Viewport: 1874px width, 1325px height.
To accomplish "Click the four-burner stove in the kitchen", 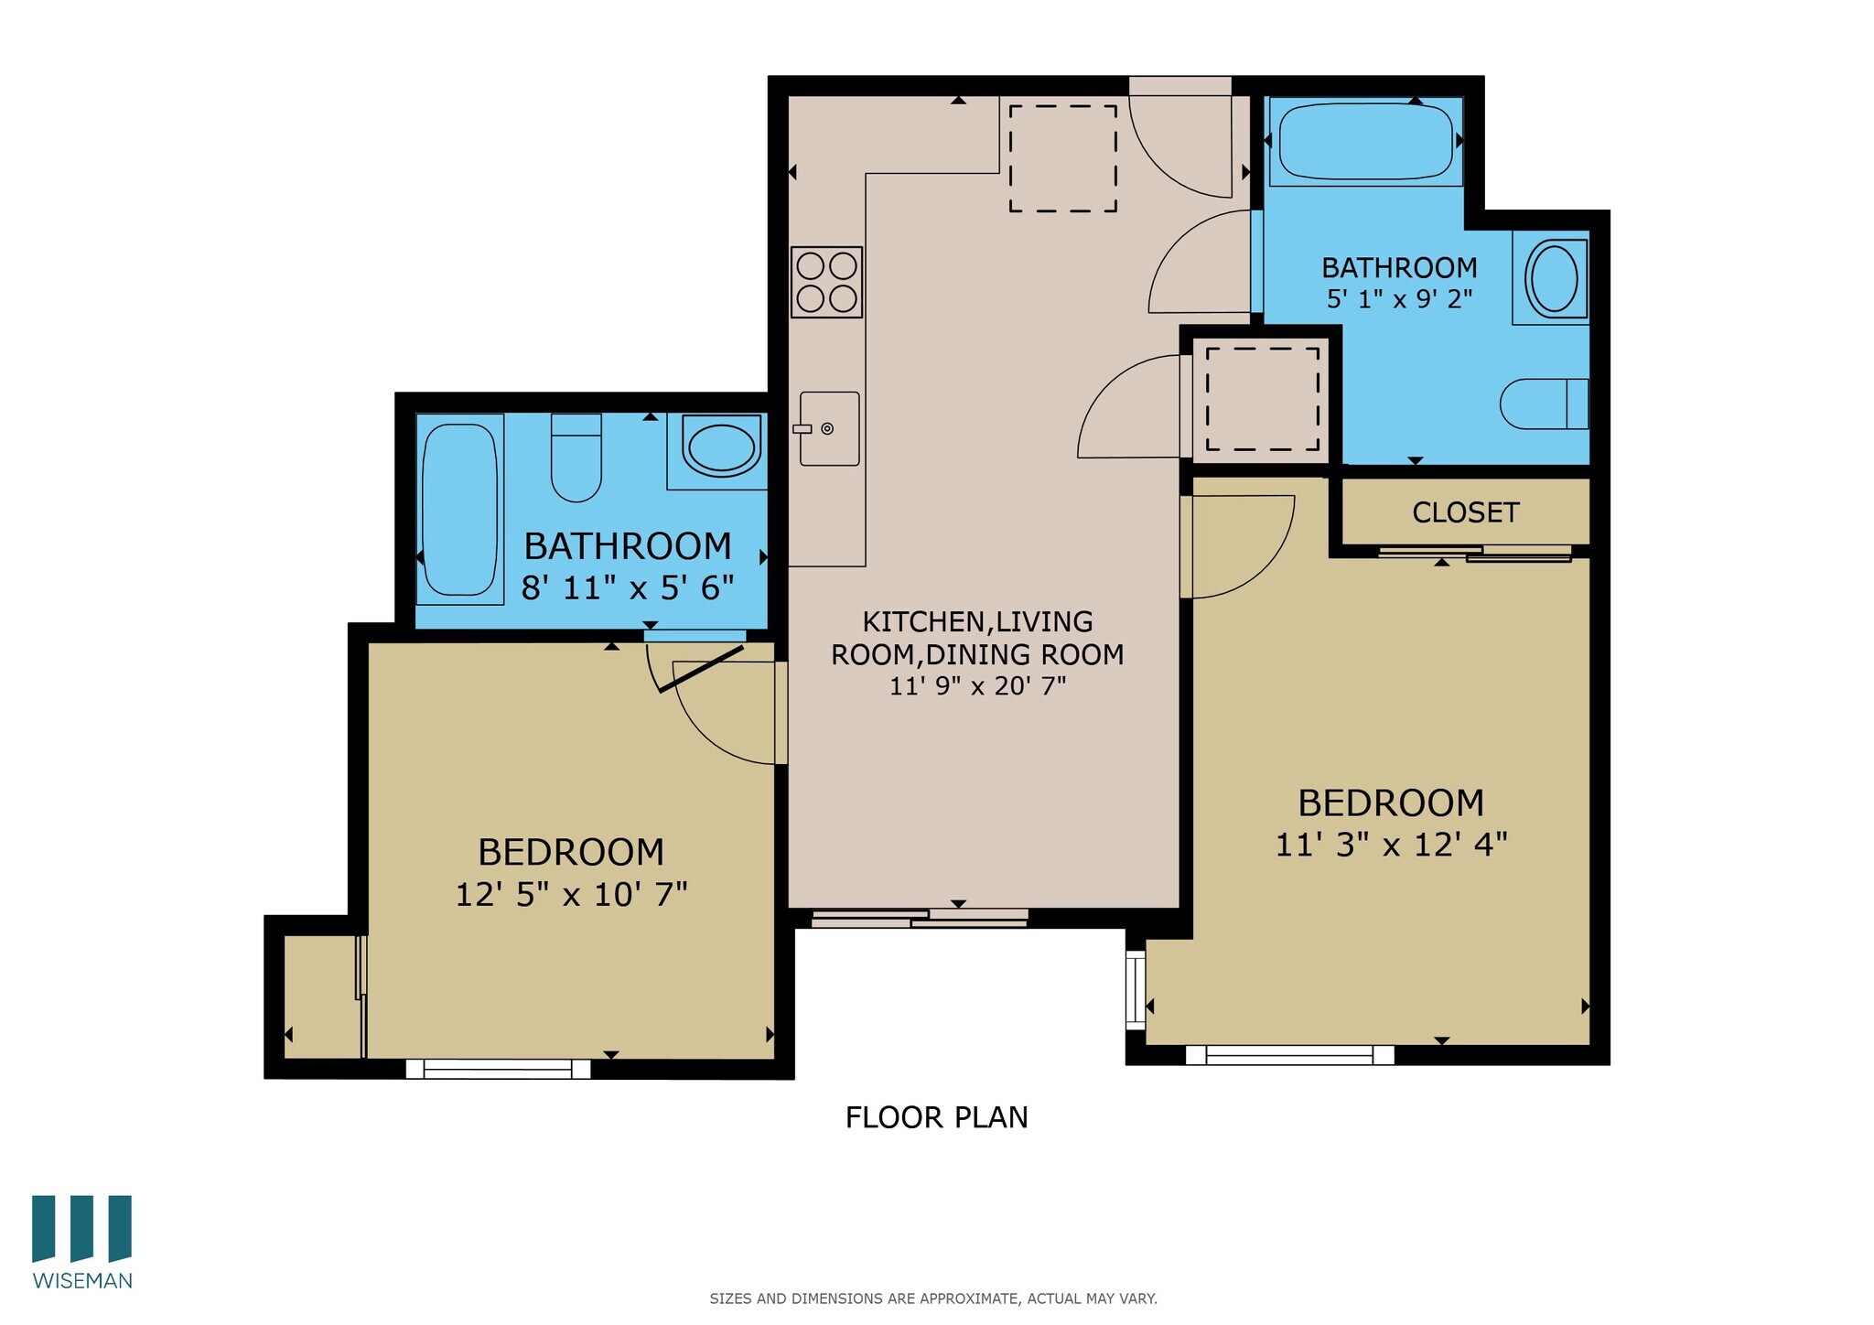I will click(x=826, y=282).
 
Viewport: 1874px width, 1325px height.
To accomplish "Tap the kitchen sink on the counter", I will click(x=829, y=428).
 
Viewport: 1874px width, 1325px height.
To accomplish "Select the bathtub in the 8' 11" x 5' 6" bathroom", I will click(x=460, y=510).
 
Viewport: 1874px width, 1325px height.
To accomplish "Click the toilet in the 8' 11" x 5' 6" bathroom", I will click(x=576, y=458).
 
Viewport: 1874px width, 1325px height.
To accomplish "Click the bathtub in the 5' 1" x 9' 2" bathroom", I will click(x=1365, y=142).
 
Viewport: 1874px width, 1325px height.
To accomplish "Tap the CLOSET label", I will click(x=1465, y=512).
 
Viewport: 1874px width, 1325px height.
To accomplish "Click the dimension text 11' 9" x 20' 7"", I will click(x=977, y=686).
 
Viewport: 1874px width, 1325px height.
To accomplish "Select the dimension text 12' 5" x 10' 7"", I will click(x=571, y=894).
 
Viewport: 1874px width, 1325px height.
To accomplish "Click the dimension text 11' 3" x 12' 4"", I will click(x=1391, y=845).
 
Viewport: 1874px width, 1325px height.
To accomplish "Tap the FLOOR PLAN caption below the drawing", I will click(x=936, y=1117).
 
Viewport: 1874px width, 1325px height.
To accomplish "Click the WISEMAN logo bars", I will click(x=81, y=1228).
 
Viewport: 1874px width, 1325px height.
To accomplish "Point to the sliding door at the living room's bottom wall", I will click(x=920, y=918).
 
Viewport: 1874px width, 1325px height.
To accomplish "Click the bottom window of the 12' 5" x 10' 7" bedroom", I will click(x=499, y=1068).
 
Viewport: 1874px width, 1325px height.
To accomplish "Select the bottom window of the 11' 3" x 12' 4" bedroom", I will click(x=1289, y=1054).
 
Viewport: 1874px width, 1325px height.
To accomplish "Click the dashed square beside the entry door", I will click(x=1062, y=158).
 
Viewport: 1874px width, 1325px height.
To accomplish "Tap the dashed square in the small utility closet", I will click(x=1262, y=399).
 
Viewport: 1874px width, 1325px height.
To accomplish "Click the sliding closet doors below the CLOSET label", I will click(x=1475, y=553).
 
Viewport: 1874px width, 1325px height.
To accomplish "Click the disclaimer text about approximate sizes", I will click(x=932, y=1298).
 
